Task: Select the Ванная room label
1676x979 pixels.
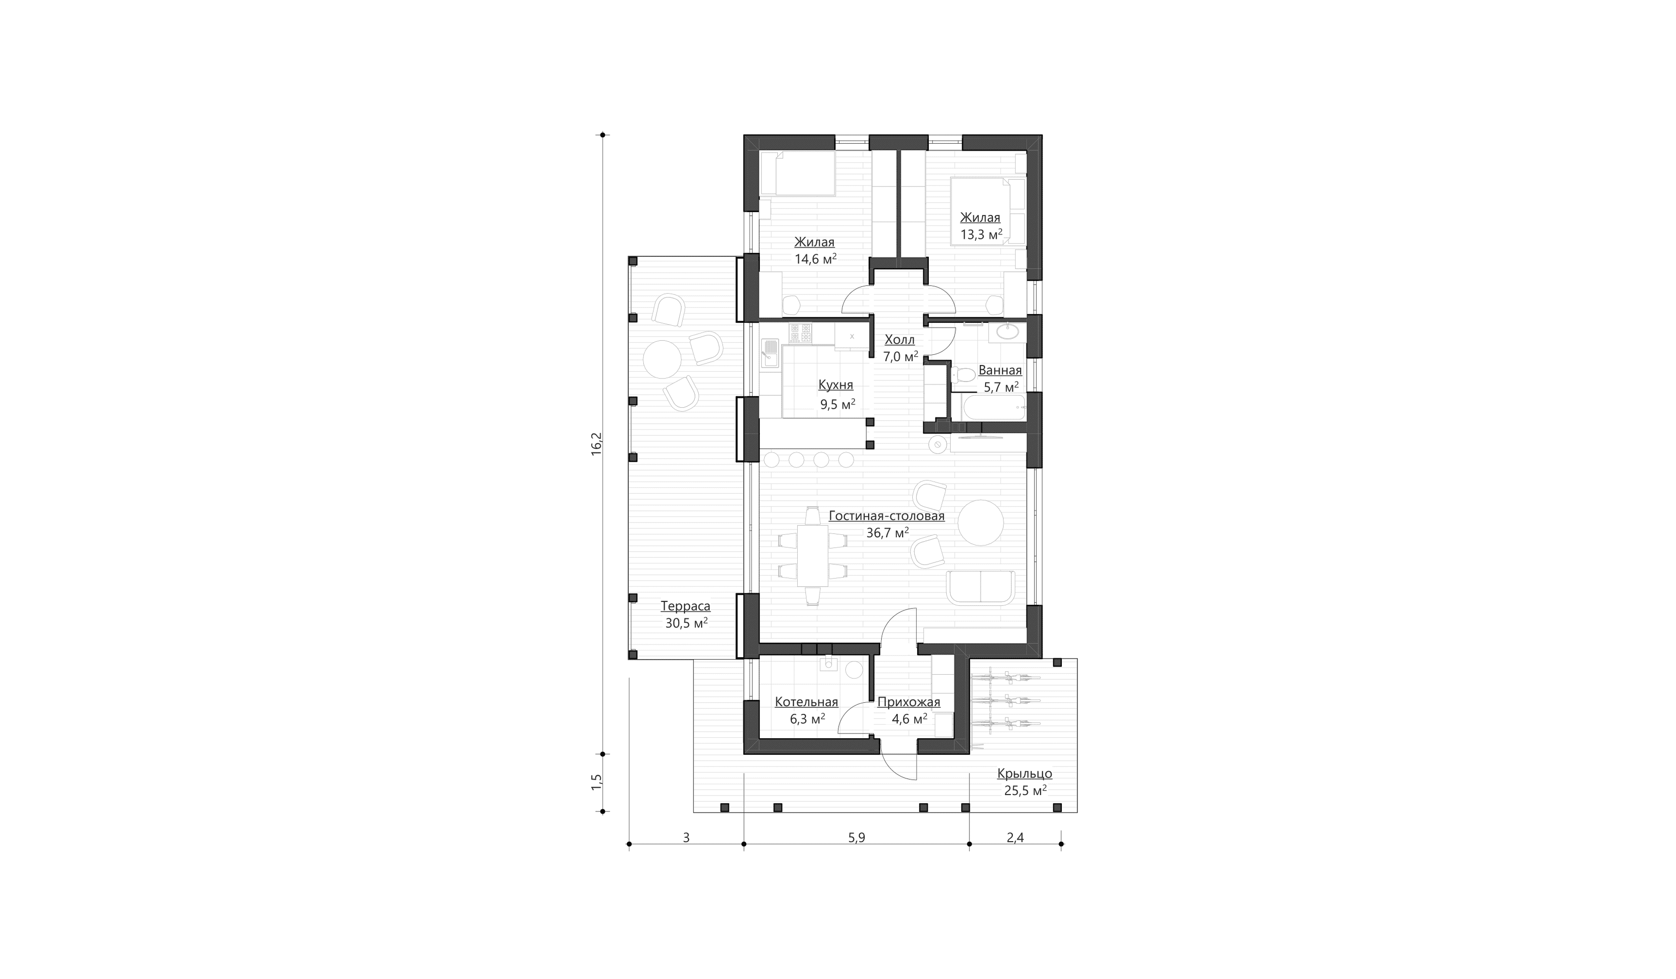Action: click(1000, 370)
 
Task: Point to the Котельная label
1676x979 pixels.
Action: click(806, 702)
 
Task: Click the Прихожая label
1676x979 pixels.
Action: click(908, 702)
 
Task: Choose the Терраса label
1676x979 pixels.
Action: click(685, 607)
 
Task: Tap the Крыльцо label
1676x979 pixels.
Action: click(1024, 774)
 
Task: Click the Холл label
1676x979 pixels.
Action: click(899, 340)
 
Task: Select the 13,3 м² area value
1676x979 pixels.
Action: click(981, 235)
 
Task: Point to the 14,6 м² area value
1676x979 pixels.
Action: click(815, 259)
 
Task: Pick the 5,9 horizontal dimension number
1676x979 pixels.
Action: click(856, 838)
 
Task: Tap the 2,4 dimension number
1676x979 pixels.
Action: click(1015, 838)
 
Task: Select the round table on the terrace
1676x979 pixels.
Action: click(662, 359)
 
